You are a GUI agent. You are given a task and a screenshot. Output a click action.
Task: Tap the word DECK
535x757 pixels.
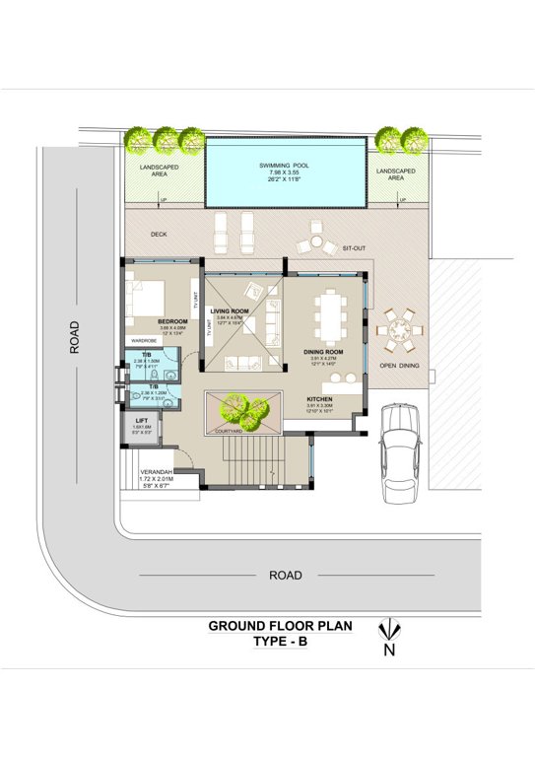tap(158, 234)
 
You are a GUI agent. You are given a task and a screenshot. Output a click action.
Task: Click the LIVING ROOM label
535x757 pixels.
tap(229, 310)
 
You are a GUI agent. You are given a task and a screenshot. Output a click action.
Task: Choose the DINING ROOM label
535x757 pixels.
tap(323, 352)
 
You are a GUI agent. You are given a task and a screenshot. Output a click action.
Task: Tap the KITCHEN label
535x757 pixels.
tap(319, 398)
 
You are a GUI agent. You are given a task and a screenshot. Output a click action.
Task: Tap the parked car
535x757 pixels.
tap(400, 447)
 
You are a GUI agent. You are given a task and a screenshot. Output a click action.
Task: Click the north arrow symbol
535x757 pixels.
tap(390, 628)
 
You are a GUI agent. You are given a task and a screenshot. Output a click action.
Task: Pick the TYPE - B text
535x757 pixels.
tap(281, 642)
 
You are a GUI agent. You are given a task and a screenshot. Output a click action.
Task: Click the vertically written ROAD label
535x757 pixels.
tap(74, 335)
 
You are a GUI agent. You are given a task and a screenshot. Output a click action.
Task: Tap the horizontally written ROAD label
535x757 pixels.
tap(285, 575)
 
